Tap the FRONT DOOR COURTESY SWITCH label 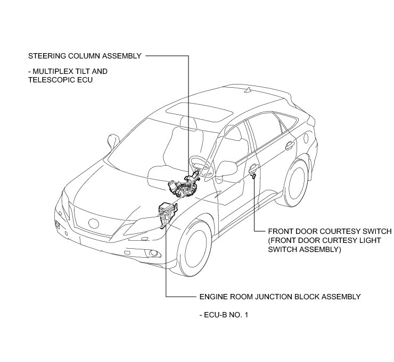tap(330, 232)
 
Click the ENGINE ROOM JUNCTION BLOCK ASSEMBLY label tap(280, 297)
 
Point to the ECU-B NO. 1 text tap(223, 315)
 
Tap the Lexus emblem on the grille tap(94, 223)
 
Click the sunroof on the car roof tap(199, 112)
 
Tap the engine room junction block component tap(166, 214)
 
